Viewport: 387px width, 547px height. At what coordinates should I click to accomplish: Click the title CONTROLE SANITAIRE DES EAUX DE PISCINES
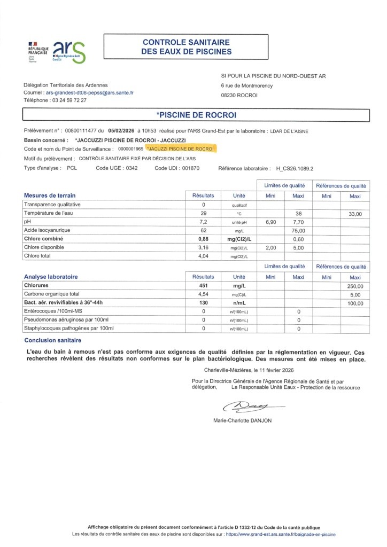pyautogui.click(x=186, y=47)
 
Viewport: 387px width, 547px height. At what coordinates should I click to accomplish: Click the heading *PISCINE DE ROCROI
pyautogui.click(x=196, y=115)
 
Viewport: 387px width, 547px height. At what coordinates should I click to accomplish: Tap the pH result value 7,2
pyautogui.click(x=204, y=221)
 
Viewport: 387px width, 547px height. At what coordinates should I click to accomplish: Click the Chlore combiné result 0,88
pyautogui.click(x=204, y=239)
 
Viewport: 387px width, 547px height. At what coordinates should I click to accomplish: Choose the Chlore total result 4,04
pyautogui.click(x=204, y=256)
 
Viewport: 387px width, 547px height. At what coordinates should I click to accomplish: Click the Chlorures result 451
pyautogui.click(x=204, y=286)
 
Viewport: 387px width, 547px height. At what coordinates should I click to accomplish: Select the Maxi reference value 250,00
pyautogui.click(x=355, y=286)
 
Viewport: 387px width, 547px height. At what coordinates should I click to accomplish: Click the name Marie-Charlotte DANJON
pyautogui.click(x=242, y=420)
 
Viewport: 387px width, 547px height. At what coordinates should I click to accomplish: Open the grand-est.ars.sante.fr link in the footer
pyautogui.click(x=280, y=534)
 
